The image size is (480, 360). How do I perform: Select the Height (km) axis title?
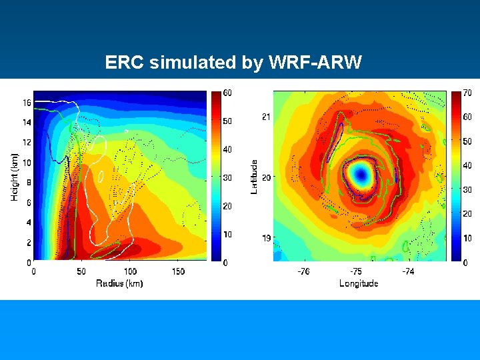pos(15,176)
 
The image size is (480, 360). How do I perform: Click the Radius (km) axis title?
pos(120,283)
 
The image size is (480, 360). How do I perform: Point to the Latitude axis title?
pos(254,177)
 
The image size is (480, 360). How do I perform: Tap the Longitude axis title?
pos(359,283)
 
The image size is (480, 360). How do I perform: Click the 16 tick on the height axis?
pos(27,103)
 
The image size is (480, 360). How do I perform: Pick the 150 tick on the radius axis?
pos(179,271)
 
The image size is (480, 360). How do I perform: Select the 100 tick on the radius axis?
pos(130,271)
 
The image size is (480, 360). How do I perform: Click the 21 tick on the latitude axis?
pos(265,117)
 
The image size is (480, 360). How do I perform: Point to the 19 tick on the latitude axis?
pos(265,238)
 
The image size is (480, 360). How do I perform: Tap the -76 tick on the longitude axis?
pos(303,271)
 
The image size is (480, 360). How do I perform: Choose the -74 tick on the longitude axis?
pos(408,271)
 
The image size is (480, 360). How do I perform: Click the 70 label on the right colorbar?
pos(467,93)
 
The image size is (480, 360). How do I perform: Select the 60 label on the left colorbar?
pos(227,93)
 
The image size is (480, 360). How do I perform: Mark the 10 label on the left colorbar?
pos(227,235)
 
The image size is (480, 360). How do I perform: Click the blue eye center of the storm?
pos(361,175)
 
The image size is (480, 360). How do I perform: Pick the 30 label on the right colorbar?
pos(467,189)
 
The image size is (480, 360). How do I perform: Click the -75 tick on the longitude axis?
pos(356,271)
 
